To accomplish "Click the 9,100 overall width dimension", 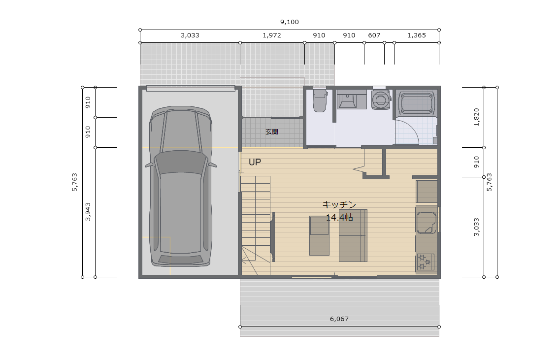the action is tap(289, 22).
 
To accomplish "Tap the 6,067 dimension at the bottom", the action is tap(339, 319).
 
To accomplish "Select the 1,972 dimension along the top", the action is tap(272, 35).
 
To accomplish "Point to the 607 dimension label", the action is tap(374, 35).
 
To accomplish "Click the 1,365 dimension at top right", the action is tap(416, 35).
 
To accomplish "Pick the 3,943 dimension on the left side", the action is tap(88, 212).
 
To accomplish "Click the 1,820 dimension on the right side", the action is tap(476, 117).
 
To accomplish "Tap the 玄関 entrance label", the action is tap(272, 132).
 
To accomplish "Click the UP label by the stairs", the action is tap(255, 162).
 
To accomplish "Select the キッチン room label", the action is tap(339, 204).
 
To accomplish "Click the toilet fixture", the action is tap(320, 100).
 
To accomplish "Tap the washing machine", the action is tap(381, 98).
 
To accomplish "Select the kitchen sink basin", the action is tap(427, 223).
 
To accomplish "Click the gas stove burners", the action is tap(425, 262).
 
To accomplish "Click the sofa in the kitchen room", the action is tap(353, 235).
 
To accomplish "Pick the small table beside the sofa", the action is tap(319, 235).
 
